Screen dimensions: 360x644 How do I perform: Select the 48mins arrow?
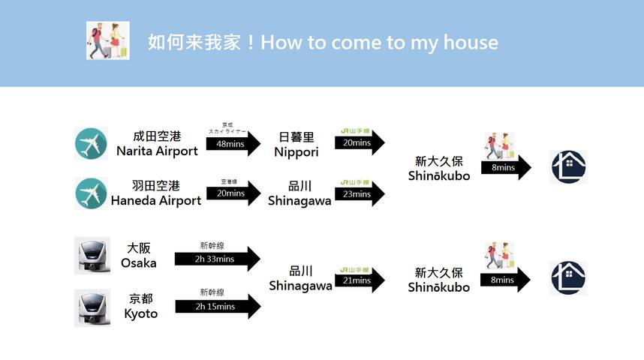click(233, 143)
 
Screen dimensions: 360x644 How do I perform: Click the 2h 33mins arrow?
click(217, 259)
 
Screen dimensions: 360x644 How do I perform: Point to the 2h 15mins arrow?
click(217, 306)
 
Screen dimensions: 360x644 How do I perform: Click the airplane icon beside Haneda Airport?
click(91, 193)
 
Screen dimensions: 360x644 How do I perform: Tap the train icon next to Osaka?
click(92, 256)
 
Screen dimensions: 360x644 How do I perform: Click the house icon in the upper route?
click(568, 167)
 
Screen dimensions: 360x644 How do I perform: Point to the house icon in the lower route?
click(567, 278)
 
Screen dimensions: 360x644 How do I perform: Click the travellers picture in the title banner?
click(107, 40)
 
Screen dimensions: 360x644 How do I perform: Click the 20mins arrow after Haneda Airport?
click(233, 193)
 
